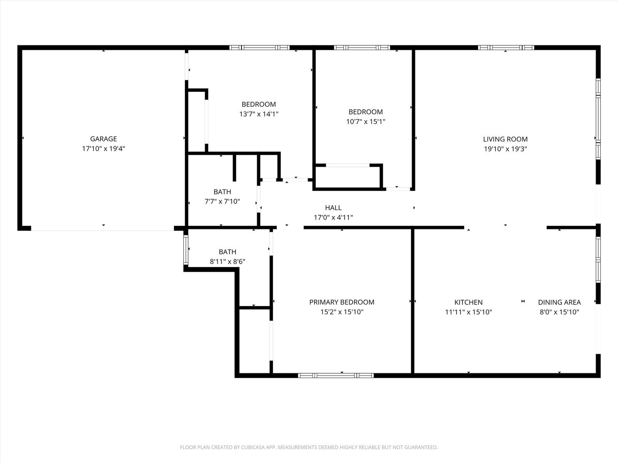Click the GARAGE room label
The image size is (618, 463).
[103, 139]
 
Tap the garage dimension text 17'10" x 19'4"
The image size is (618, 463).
[103, 148]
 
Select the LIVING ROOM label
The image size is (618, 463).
[506, 139]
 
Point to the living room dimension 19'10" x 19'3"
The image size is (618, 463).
[506, 149]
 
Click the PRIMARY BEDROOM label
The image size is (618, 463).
[342, 302]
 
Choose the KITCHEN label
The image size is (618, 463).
[469, 302]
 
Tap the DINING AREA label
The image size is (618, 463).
[560, 302]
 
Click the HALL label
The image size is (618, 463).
[333, 208]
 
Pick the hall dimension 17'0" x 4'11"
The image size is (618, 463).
[333, 217]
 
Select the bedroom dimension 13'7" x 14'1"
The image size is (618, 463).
[259, 114]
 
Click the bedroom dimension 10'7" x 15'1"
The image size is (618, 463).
[366, 121]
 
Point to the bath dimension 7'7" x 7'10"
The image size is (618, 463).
[222, 201]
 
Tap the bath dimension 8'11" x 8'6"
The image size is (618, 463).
[227, 262]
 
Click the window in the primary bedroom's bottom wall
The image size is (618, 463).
[336, 375]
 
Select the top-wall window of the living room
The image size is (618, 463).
[506, 48]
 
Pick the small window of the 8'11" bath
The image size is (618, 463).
[186, 250]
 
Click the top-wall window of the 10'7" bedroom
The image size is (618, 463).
[362, 48]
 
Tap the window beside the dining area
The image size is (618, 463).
[598, 259]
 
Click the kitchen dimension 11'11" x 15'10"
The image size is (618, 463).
[469, 312]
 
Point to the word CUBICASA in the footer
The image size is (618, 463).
[253, 447]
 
